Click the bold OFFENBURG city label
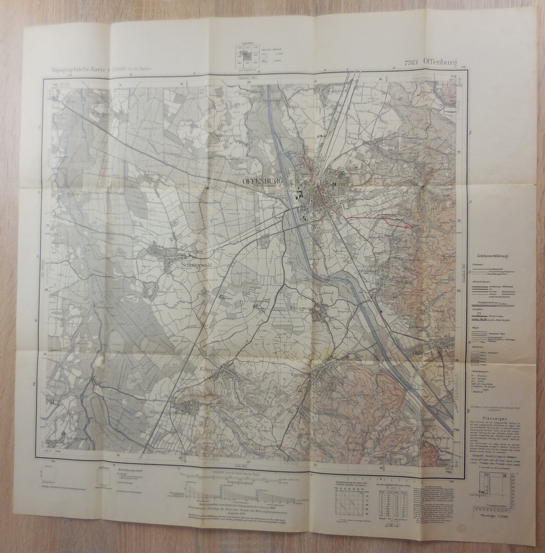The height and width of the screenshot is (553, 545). (262, 181)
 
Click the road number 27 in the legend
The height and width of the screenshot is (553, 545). (479, 314)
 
